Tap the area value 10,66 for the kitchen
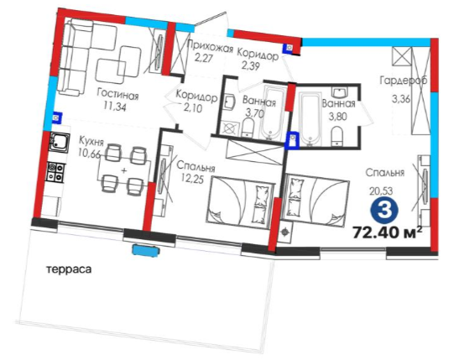pyautogui.click(x=89, y=153)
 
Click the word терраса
pyautogui.click(x=69, y=269)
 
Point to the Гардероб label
pyautogui.click(x=404, y=81)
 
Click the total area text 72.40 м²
pyautogui.click(x=388, y=232)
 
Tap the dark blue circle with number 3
pyautogui.click(x=384, y=210)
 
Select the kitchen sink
pyautogui.click(x=60, y=142)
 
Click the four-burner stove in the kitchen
pyautogui.click(x=55, y=172)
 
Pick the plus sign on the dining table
pyautogui.click(x=124, y=170)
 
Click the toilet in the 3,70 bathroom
pyautogui.click(x=248, y=127)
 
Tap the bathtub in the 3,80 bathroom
pyautogui.click(x=311, y=118)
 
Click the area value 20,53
pyautogui.click(x=381, y=191)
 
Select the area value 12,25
pyautogui.click(x=192, y=179)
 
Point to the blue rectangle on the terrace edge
pyautogui.click(x=146, y=251)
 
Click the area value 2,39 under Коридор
pyautogui.click(x=251, y=66)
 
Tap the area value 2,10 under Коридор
pyautogui.click(x=193, y=108)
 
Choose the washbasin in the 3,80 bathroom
pyautogui.click(x=339, y=92)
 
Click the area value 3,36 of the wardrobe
pyautogui.click(x=401, y=99)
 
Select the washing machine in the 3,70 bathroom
pyautogui.click(x=230, y=128)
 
